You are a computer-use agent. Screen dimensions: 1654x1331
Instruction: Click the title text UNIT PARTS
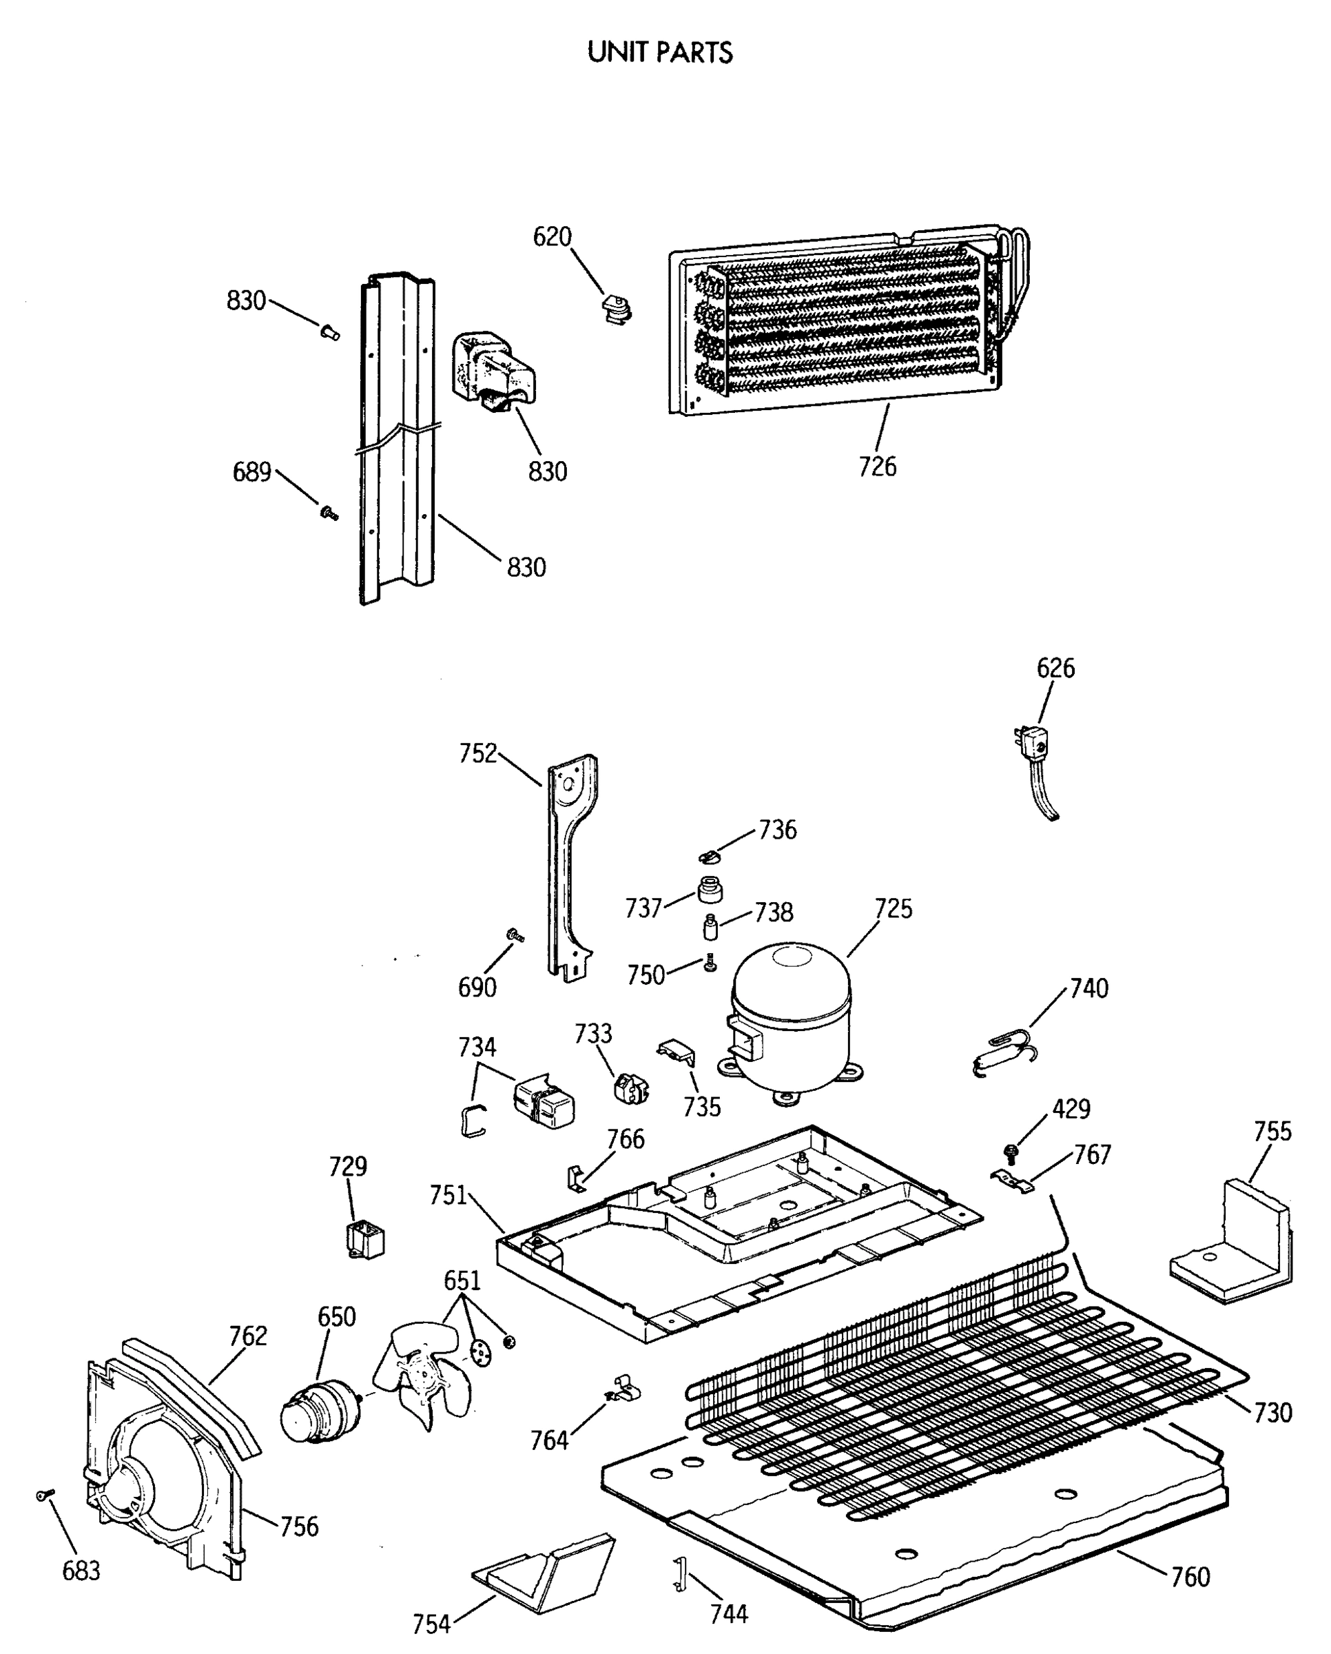coord(659,52)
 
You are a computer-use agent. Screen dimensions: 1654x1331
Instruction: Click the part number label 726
coord(877,467)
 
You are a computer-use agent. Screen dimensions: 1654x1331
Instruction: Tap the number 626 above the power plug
coord(1055,668)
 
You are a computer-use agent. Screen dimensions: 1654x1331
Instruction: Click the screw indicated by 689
coord(329,511)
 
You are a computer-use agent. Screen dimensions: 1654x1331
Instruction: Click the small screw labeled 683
coord(45,1494)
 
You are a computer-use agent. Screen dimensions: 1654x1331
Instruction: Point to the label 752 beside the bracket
coord(478,753)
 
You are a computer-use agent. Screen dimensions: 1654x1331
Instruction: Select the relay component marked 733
coord(631,1090)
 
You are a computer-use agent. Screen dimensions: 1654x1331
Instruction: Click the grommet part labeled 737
coord(710,892)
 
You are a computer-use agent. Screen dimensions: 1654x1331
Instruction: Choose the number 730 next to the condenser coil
coord(1272,1412)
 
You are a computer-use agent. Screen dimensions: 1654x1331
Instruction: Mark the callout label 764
coord(549,1442)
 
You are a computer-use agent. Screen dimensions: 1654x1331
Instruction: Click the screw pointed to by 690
coord(514,935)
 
